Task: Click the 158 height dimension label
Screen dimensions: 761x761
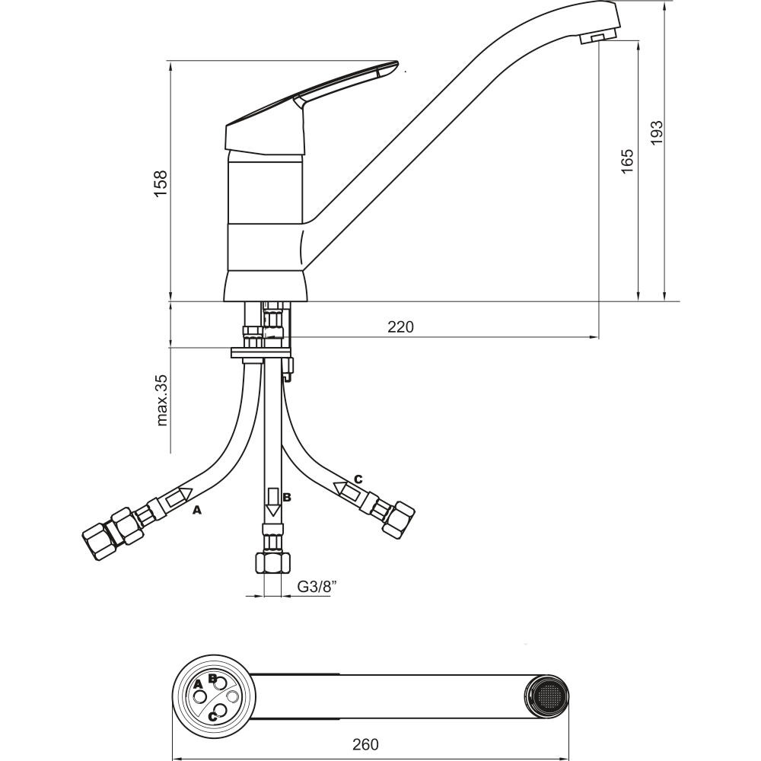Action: pyautogui.click(x=161, y=183)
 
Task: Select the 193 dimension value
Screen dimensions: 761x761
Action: pyautogui.click(x=656, y=132)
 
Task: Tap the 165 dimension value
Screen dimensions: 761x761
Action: pyautogui.click(x=627, y=161)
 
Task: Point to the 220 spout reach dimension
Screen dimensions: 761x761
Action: pyautogui.click(x=400, y=327)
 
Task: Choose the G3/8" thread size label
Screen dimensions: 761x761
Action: pyautogui.click(x=317, y=587)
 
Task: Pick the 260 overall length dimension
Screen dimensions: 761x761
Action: pyautogui.click(x=365, y=744)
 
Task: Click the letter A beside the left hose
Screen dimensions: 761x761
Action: pyautogui.click(x=196, y=510)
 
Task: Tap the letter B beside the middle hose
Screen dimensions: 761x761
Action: pyautogui.click(x=287, y=497)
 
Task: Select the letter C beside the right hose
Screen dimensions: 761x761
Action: pyautogui.click(x=358, y=479)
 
